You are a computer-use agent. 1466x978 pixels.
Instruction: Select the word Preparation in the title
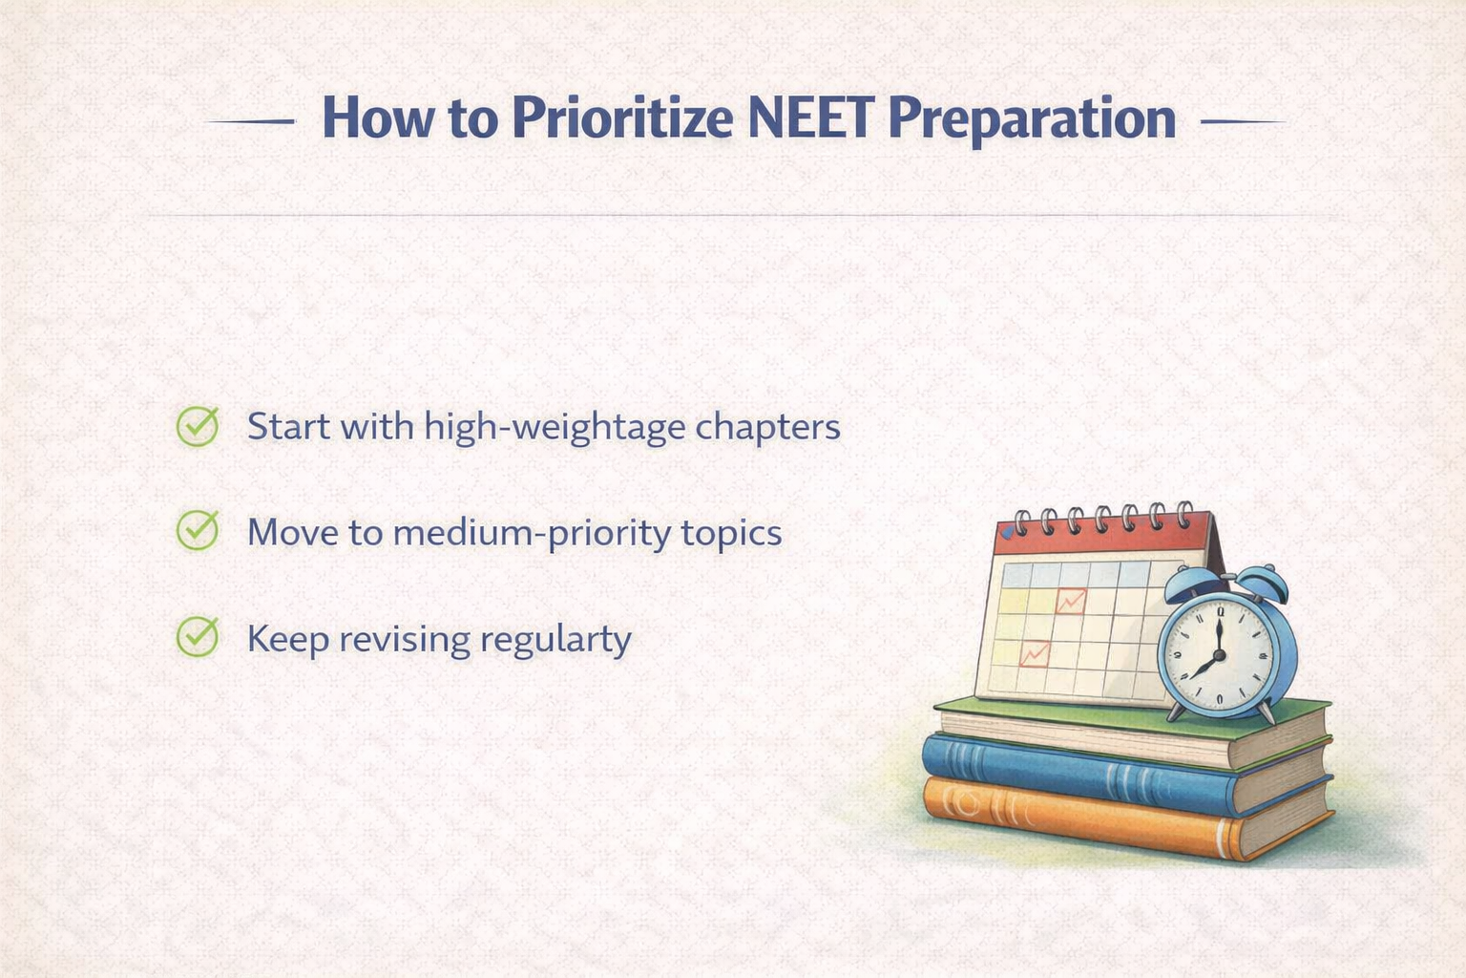[x=1032, y=118]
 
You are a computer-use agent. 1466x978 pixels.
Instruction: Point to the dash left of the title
[x=250, y=122]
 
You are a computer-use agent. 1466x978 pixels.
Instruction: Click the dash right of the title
[x=1243, y=122]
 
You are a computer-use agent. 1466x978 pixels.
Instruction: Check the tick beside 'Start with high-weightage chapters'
[x=198, y=426]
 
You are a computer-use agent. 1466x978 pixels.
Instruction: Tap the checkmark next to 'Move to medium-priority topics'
[x=198, y=531]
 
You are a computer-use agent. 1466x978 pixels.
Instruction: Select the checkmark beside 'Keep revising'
[x=198, y=637]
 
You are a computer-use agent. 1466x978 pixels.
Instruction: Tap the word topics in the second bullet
[x=731, y=533]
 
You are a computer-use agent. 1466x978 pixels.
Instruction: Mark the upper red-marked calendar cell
[x=1071, y=601]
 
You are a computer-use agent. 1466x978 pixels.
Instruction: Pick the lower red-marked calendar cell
[x=1035, y=653]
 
